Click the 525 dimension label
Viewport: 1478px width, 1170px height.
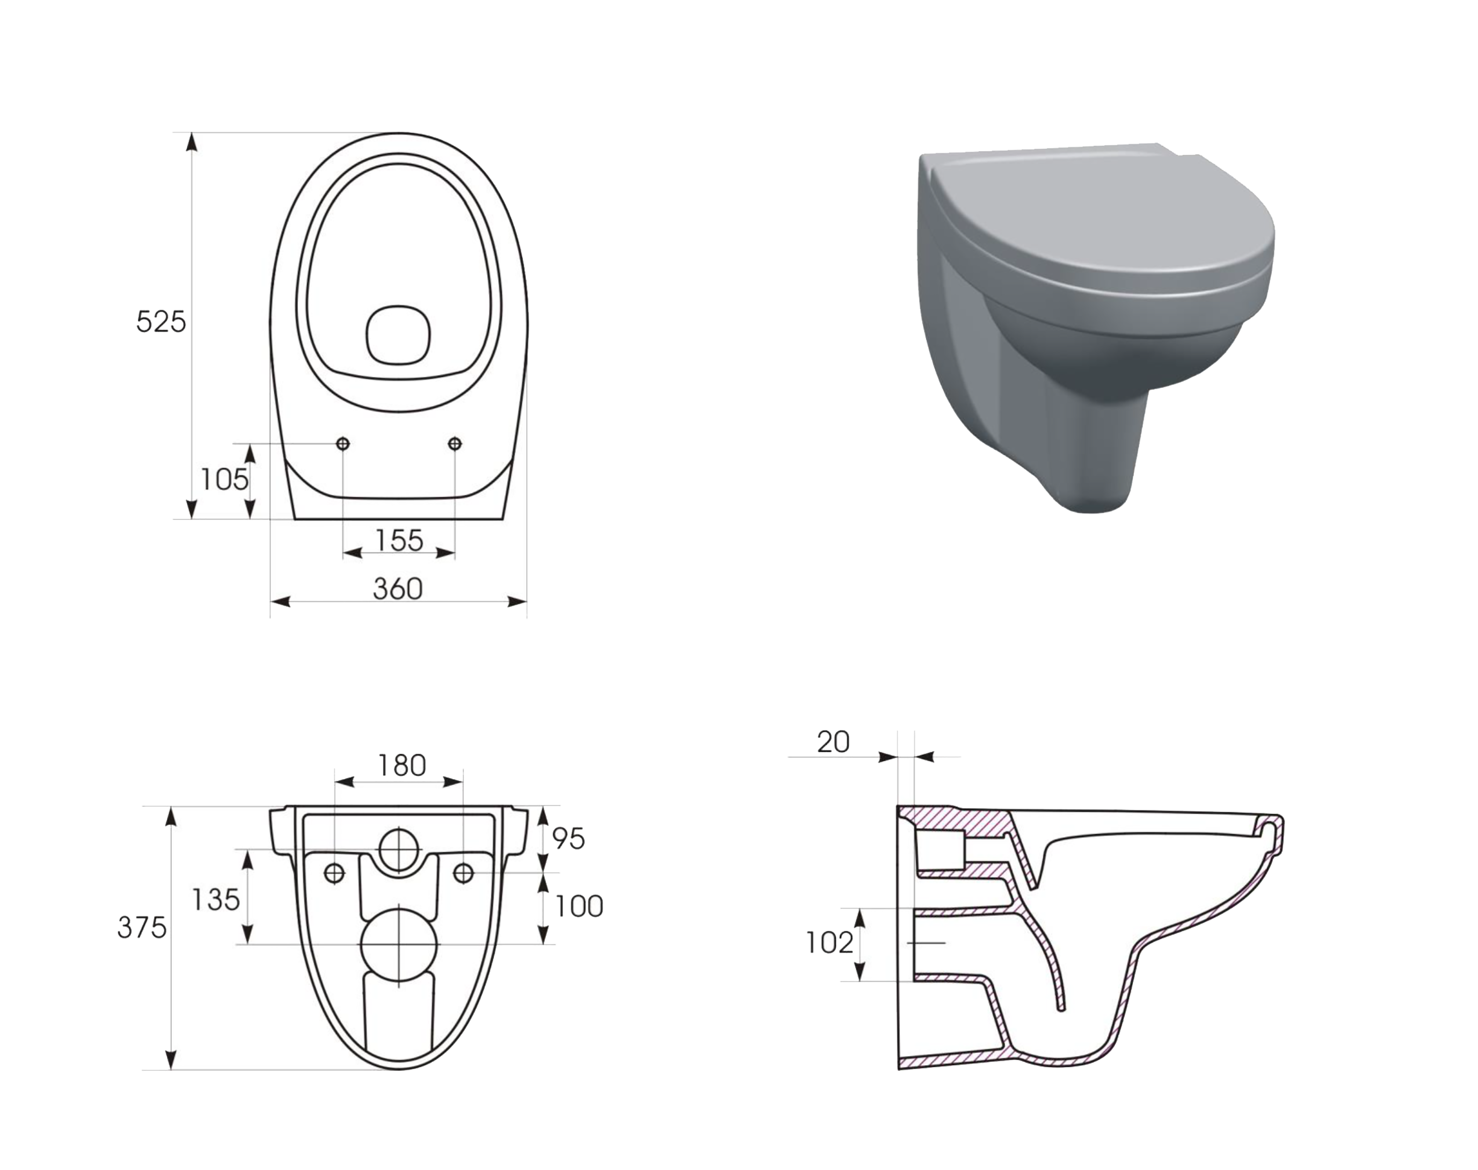click(x=161, y=321)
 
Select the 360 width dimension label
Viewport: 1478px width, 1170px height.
click(x=397, y=588)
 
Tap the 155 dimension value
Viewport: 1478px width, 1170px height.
click(x=399, y=541)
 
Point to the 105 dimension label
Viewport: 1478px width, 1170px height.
click(x=224, y=480)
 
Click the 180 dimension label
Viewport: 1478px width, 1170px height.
click(x=402, y=765)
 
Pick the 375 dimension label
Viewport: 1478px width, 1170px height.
click(x=142, y=928)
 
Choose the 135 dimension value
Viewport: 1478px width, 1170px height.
click(x=215, y=899)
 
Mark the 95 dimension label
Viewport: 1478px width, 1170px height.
click(x=568, y=839)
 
